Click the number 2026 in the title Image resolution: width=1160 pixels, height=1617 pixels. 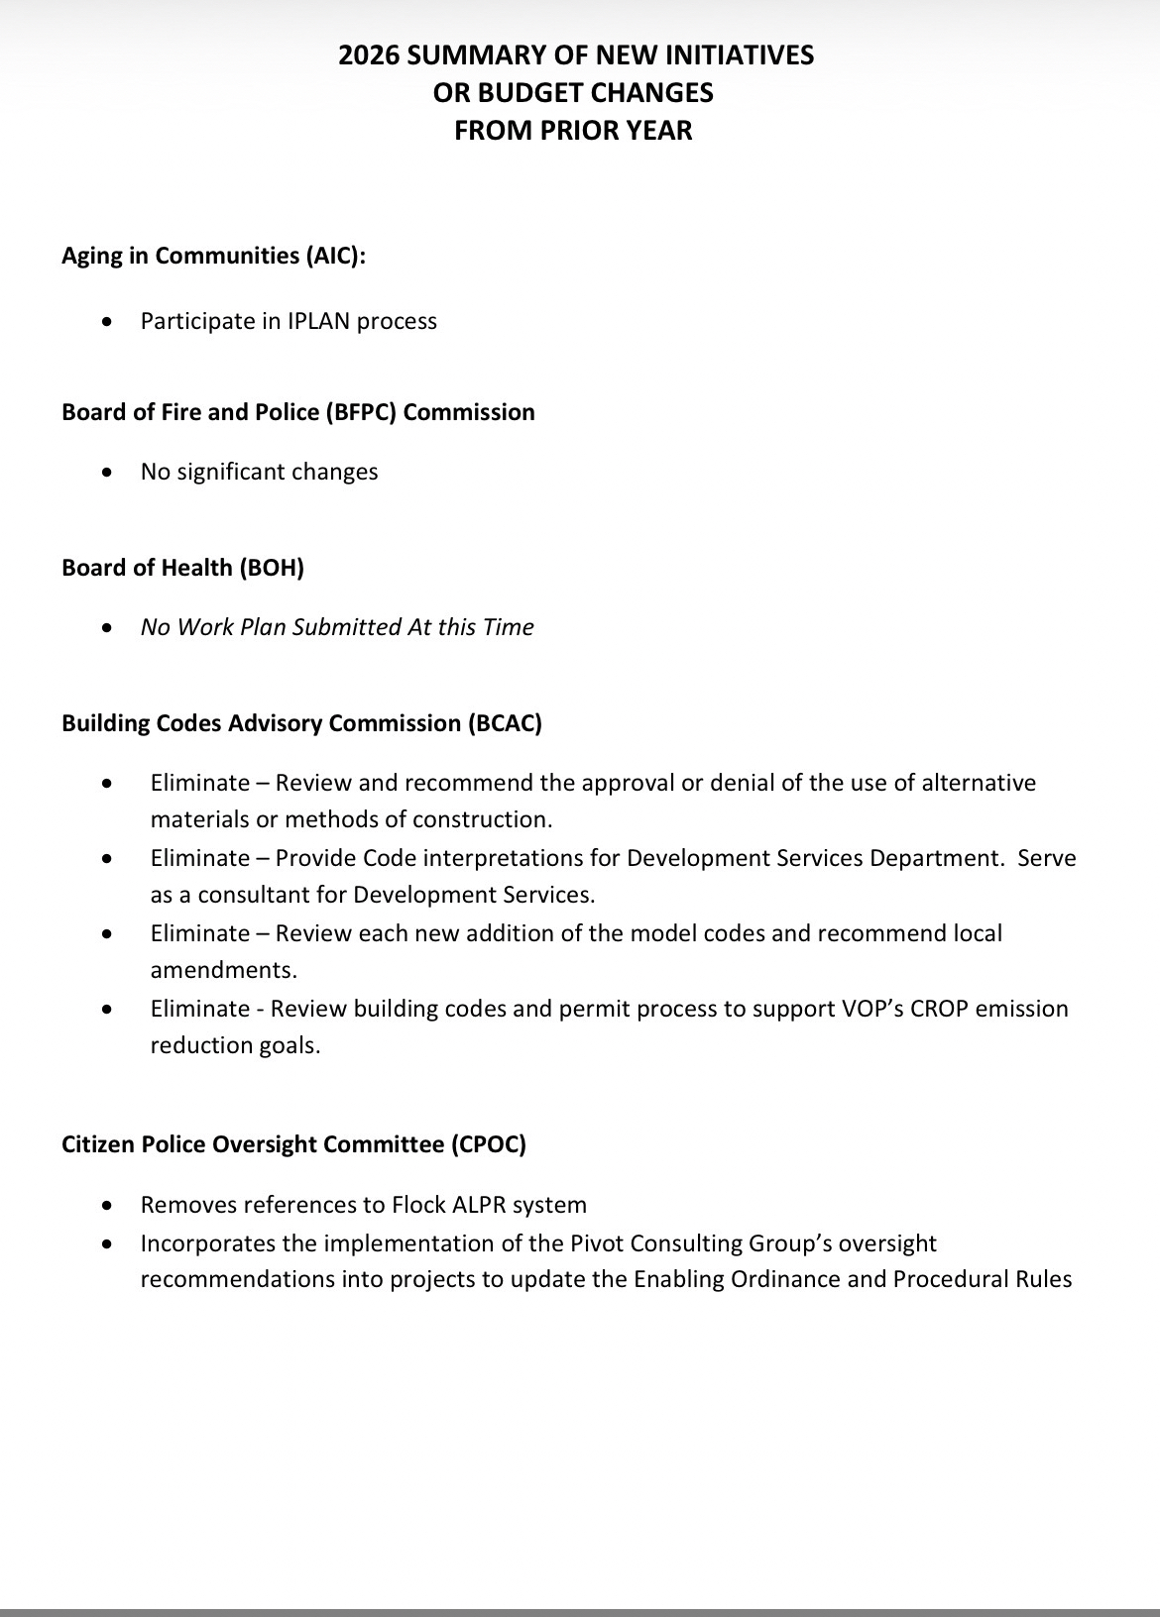(x=369, y=55)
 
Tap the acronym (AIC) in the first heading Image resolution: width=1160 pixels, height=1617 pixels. (x=329, y=256)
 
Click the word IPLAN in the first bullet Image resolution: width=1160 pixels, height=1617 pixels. (x=318, y=321)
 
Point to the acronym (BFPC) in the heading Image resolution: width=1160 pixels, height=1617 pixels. (x=361, y=412)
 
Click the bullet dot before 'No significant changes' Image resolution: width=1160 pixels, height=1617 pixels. (x=107, y=473)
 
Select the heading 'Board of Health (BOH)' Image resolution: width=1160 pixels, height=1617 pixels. (x=182, y=568)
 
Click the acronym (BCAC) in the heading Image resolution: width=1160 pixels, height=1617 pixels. (x=505, y=723)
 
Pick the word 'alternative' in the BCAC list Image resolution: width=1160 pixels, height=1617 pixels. (x=979, y=783)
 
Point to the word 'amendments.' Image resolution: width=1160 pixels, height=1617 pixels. (x=223, y=970)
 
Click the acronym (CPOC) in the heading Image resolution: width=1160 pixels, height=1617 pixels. (x=489, y=1144)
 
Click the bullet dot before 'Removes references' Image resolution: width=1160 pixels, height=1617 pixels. (x=107, y=1206)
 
